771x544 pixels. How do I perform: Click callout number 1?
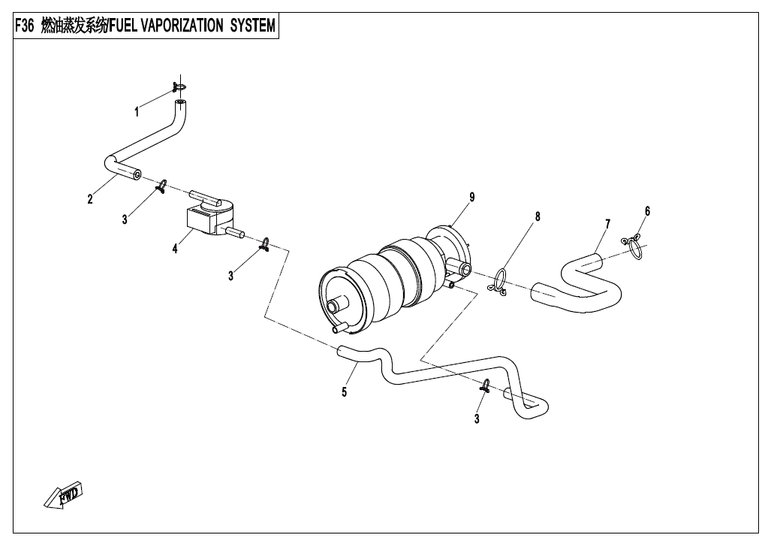pos(137,113)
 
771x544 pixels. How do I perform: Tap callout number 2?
pos(90,199)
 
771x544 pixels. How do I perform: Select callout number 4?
pos(175,248)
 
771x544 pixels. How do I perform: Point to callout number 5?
pos(345,391)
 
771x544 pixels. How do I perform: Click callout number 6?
pos(647,211)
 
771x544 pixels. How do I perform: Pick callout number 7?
pos(607,223)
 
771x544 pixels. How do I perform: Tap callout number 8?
pos(538,217)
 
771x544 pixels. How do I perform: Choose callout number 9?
pos(472,197)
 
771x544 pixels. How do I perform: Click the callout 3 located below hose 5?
pos(477,419)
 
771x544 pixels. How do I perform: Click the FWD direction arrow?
pos(64,494)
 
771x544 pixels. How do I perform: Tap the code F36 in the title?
pos(25,26)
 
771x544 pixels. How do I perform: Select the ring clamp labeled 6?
pos(634,246)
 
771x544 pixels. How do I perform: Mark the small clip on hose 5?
pos(486,387)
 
